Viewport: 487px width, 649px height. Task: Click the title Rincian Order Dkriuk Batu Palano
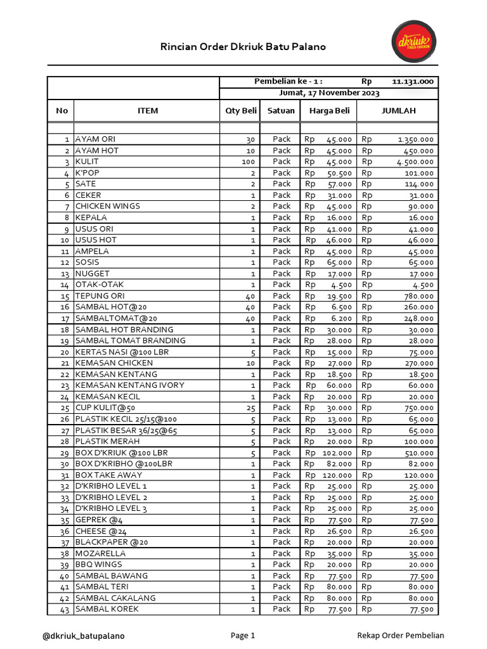243,47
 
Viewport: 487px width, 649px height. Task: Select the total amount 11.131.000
413,82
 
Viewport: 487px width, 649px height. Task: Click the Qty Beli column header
241,111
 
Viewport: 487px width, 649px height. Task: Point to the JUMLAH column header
398,111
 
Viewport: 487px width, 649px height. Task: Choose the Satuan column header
281,111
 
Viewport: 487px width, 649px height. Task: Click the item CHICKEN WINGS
108,207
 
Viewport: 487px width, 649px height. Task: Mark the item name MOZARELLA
96,553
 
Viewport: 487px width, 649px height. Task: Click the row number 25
65,408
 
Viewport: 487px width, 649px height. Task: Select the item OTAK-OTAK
100,285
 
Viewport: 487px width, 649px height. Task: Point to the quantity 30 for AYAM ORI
250,139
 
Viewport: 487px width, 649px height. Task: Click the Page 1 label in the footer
243,636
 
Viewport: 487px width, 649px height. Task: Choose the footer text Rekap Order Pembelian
401,636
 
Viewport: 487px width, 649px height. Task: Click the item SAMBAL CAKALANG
115,598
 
